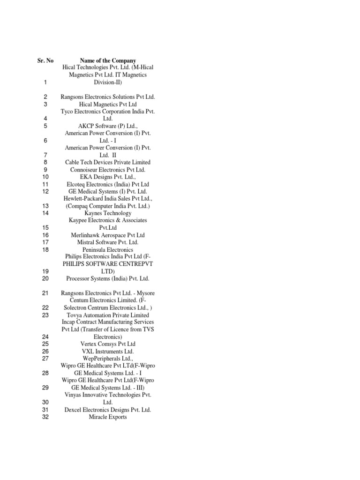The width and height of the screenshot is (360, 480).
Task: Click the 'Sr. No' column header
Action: click(45, 60)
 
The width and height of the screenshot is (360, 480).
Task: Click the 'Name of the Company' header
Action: click(108, 60)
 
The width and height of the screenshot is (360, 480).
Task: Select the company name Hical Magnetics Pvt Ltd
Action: click(108, 104)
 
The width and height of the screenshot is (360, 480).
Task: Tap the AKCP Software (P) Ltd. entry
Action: click(108, 126)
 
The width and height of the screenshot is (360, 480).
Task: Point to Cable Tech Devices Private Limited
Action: click(108, 162)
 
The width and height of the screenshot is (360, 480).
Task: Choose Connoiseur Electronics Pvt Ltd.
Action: click(108, 170)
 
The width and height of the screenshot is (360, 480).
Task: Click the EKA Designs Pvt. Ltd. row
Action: click(108, 177)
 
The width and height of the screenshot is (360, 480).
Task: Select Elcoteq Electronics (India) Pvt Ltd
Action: click(108, 184)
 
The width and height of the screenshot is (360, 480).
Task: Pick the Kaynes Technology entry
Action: click(108, 213)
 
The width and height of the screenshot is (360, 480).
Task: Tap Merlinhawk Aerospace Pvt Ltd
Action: click(108, 235)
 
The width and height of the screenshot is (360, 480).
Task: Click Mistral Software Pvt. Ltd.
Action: click(108, 242)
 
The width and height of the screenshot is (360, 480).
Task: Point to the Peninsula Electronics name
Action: click(108, 250)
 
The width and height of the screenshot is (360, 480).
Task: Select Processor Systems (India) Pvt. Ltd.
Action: click(108, 278)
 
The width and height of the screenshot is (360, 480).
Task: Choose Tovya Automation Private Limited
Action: click(108, 315)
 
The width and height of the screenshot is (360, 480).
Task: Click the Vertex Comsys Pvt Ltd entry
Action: click(108, 344)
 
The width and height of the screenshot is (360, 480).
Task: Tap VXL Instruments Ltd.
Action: click(108, 351)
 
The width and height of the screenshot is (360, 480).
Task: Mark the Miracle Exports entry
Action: click(108, 417)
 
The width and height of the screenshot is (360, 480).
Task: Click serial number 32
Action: click(45, 417)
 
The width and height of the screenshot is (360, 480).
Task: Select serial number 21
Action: click(45, 293)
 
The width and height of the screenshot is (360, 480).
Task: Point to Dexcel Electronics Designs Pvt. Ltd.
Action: click(108, 410)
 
